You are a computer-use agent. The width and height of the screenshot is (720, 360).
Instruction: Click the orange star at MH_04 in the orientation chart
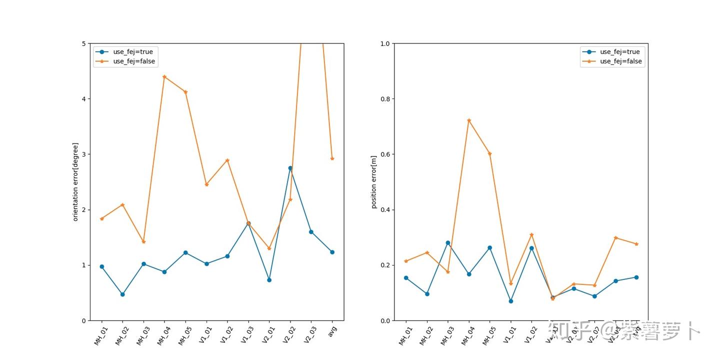coord(164,76)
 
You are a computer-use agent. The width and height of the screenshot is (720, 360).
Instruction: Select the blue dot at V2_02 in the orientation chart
coord(290,168)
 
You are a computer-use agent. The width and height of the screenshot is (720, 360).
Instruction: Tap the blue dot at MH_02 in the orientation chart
coord(122,294)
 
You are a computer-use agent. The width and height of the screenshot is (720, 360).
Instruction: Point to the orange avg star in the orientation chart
coord(332,158)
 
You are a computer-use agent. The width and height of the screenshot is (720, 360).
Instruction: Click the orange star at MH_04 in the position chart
coord(469,120)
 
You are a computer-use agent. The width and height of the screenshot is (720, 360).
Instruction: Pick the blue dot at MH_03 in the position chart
coord(448,242)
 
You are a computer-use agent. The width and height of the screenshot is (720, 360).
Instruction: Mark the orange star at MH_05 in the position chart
coord(490,153)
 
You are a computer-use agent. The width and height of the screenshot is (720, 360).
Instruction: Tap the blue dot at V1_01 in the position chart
coord(510,301)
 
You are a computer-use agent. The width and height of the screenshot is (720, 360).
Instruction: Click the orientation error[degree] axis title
coord(76,181)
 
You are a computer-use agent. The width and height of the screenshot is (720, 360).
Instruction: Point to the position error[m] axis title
coord(374,181)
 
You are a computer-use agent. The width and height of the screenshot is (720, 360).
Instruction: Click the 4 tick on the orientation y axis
coord(83,99)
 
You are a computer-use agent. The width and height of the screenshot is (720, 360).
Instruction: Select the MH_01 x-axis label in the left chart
coord(101,335)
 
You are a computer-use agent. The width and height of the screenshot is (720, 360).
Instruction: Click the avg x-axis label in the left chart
coord(332,331)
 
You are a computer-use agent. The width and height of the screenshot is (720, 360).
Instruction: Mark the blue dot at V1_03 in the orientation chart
coord(248,223)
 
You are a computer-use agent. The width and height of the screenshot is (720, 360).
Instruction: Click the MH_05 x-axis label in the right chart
coord(488,335)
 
